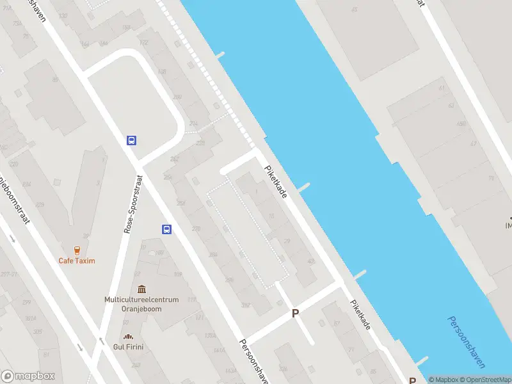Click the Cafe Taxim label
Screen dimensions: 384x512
coord(77,260)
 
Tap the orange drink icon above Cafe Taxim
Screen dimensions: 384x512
coord(77,250)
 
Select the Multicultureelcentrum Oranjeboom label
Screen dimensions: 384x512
coord(136,303)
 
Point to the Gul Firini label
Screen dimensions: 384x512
coord(129,346)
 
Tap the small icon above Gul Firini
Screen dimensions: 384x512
coord(129,337)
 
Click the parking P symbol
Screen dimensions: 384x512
coord(295,313)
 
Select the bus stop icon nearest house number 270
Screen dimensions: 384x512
coord(166,229)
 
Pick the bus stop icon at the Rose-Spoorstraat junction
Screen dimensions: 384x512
coord(131,140)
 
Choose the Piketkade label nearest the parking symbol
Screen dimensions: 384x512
coord(360,315)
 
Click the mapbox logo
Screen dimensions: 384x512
coord(28,376)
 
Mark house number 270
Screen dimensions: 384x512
coord(196,228)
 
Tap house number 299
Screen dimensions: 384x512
coord(27,302)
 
